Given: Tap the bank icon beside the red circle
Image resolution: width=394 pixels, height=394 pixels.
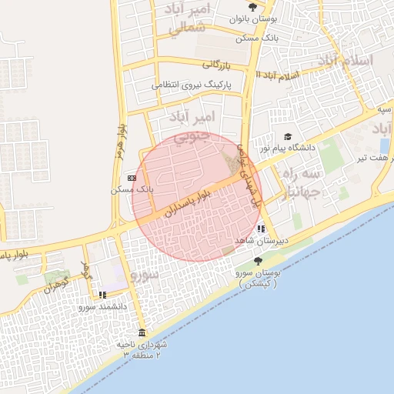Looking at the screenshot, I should [x=132, y=178].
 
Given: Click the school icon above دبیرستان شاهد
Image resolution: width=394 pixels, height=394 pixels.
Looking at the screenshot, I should [x=262, y=229].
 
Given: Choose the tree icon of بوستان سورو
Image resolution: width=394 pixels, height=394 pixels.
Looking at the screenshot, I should [x=257, y=262].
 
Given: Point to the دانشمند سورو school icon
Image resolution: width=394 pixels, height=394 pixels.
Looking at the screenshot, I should [x=102, y=295].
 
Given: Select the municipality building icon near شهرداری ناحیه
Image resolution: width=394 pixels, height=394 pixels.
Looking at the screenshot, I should [x=141, y=332].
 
